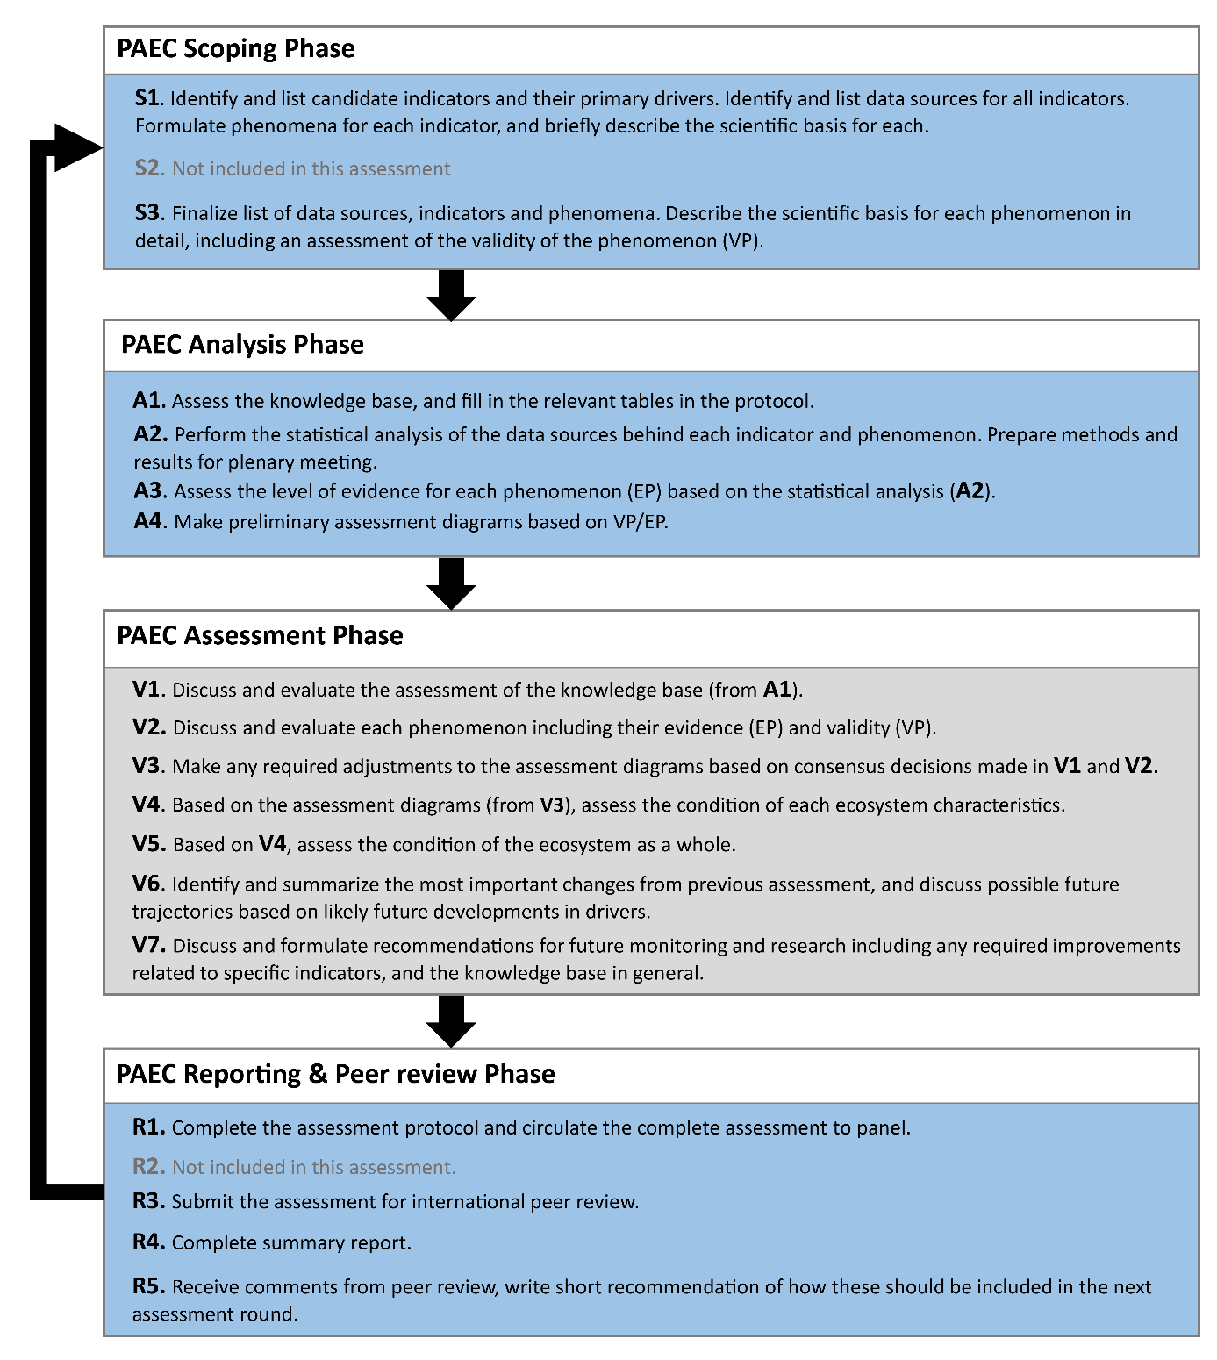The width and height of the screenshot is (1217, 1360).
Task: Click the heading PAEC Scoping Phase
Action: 235,49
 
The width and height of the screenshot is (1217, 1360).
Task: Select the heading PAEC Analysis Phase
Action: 242,345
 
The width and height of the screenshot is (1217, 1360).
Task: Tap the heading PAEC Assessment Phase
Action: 260,636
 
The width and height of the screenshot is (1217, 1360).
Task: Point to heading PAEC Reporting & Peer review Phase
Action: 335,1075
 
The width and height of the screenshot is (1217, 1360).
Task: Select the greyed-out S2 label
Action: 147,168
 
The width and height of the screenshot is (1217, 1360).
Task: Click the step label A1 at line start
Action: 147,401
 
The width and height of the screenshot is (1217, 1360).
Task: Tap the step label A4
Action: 148,521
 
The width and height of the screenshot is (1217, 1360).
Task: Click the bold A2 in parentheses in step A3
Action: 970,491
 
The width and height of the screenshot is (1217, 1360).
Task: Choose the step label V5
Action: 147,844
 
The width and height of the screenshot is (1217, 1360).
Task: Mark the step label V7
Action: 147,946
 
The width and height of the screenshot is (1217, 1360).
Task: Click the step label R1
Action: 147,1127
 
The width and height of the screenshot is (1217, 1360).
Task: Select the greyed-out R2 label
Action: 147,1167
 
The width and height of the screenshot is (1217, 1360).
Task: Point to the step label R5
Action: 147,1286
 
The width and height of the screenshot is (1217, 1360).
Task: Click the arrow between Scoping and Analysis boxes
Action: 451,296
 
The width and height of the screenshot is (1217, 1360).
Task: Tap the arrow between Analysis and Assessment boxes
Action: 451,583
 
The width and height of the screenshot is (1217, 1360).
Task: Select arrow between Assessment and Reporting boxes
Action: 451,1021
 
